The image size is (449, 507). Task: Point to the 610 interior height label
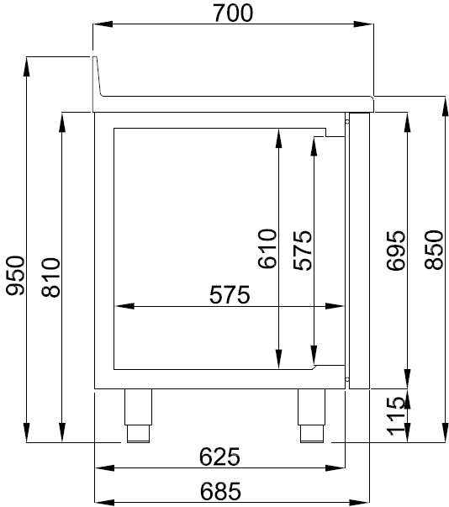click(x=267, y=249)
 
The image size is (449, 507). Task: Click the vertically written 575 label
click(x=302, y=249)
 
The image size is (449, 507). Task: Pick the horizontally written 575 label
click(x=230, y=295)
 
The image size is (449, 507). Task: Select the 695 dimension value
click(x=396, y=250)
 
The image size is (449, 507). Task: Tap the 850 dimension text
click(x=432, y=250)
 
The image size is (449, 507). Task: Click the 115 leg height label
click(x=397, y=417)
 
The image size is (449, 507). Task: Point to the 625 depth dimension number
click(x=220, y=457)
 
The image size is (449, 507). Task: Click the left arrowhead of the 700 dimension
click(x=98, y=26)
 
